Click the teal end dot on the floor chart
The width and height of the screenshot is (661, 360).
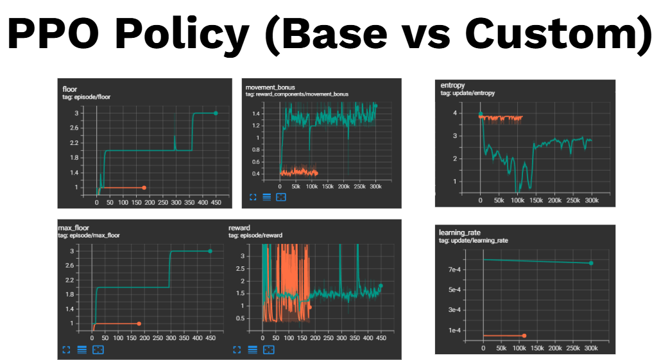[216, 113]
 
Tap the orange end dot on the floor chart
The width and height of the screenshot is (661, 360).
[144, 187]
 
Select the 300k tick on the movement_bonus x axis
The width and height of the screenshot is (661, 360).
[375, 186]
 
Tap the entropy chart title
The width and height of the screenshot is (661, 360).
[453, 85]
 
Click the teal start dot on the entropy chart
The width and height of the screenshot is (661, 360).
[480, 114]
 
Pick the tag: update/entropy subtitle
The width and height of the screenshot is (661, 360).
[468, 93]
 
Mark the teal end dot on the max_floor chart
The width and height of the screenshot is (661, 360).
[210, 251]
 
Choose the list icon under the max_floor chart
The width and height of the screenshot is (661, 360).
[82, 350]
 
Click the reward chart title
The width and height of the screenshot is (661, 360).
[239, 227]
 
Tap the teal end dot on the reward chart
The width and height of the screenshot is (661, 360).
[381, 286]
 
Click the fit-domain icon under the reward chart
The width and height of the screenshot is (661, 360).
[269, 350]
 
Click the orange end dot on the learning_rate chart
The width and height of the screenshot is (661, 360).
[524, 336]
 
